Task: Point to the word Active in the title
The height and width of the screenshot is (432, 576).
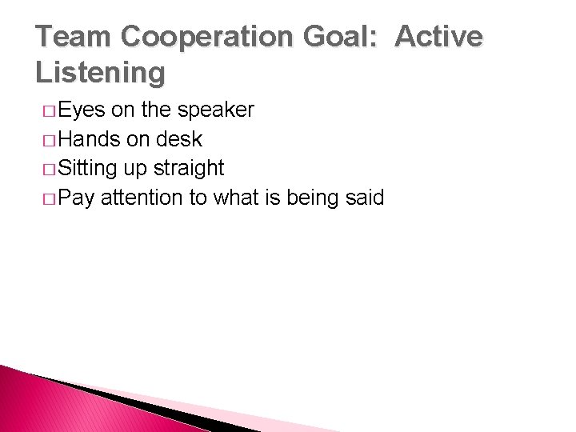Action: click(440, 38)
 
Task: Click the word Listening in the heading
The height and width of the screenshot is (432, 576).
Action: click(101, 73)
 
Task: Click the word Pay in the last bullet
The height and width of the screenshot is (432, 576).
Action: click(77, 198)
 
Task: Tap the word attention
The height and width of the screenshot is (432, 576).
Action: click(142, 198)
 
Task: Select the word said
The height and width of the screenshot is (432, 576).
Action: click(366, 198)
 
